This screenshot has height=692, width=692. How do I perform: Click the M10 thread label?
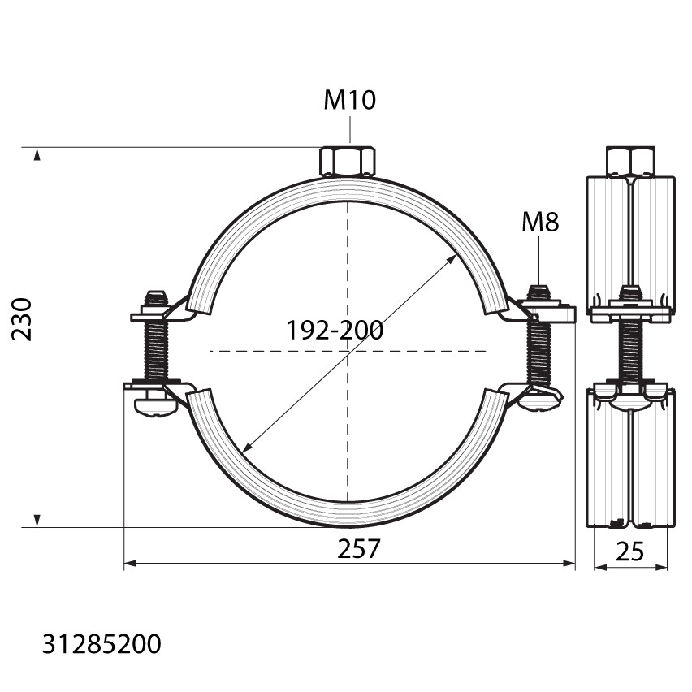click(x=349, y=100)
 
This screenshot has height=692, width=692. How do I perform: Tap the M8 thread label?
click(x=540, y=222)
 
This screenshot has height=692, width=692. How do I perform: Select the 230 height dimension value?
click(x=22, y=319)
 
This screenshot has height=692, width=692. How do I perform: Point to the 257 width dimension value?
click(x=358, y=548)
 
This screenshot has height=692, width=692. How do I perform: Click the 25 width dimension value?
click(x=629, y=551)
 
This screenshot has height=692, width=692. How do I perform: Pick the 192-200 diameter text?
click(x=335, y=330)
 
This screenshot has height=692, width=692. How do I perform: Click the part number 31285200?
click(x=102, y=644)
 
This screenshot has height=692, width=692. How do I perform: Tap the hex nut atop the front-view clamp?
click(x=348, y=161)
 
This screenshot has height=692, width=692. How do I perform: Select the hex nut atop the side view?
click(x=630, y=162)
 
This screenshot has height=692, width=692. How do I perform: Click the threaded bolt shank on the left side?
click(x=156, y=350)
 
